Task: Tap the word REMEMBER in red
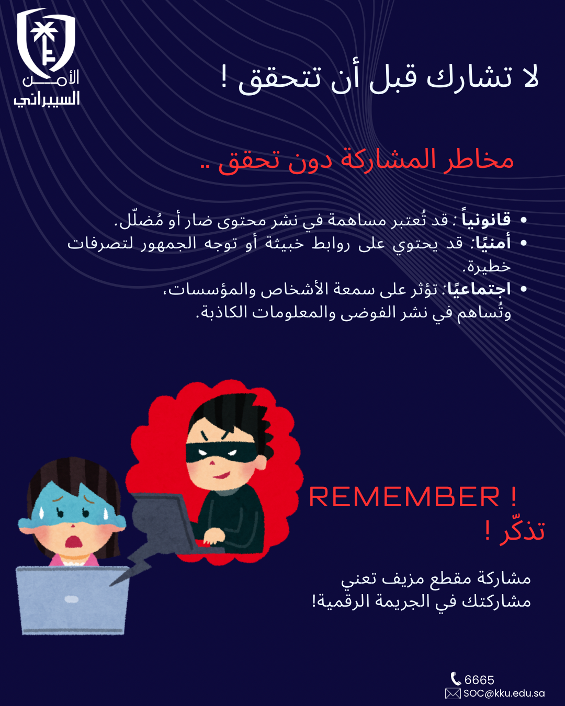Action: (x=404, y=497)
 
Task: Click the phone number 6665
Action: (x=479, y=680)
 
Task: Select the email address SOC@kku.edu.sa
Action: (x=504, y=693)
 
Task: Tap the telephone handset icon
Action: (x=456, y=679)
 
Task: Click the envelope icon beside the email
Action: (x=453, y=693)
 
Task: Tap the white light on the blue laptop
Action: (x=72, y=600)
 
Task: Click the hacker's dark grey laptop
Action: (x=164, y=521)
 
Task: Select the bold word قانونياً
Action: (x=486, y=219)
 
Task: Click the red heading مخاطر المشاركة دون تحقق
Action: (x=366, y=161)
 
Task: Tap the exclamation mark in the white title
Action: (x=224, y=76)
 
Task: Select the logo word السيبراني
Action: (x=47, y=99)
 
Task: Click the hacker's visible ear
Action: (x=260, y=463)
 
